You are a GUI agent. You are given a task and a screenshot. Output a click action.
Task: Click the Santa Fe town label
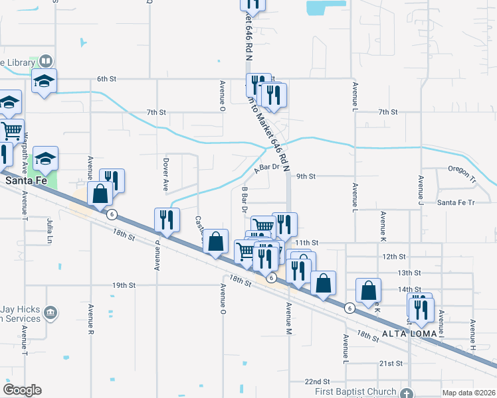point(25,180)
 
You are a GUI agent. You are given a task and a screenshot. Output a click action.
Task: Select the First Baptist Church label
point(355,392)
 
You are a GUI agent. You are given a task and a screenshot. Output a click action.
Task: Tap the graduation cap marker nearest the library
point(45,82)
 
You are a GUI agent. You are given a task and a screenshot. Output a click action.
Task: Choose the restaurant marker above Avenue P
point(165,220)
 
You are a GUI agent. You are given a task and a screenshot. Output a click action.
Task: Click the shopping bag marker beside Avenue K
point(368,290)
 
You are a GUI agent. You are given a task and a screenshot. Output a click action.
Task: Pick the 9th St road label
point(305,176)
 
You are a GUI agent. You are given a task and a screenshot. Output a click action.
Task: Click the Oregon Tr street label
point(462,170)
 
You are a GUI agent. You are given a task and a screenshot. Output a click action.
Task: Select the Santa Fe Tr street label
point(455,202)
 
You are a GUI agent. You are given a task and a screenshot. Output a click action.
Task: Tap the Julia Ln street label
point(50,228)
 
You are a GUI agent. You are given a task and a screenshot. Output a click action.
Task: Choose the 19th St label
point(124,285)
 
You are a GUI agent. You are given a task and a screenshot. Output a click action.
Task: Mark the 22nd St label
point(318,382)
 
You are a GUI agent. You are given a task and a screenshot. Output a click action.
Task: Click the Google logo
point(22,389)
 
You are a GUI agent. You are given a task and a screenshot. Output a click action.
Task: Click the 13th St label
point(409,273)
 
